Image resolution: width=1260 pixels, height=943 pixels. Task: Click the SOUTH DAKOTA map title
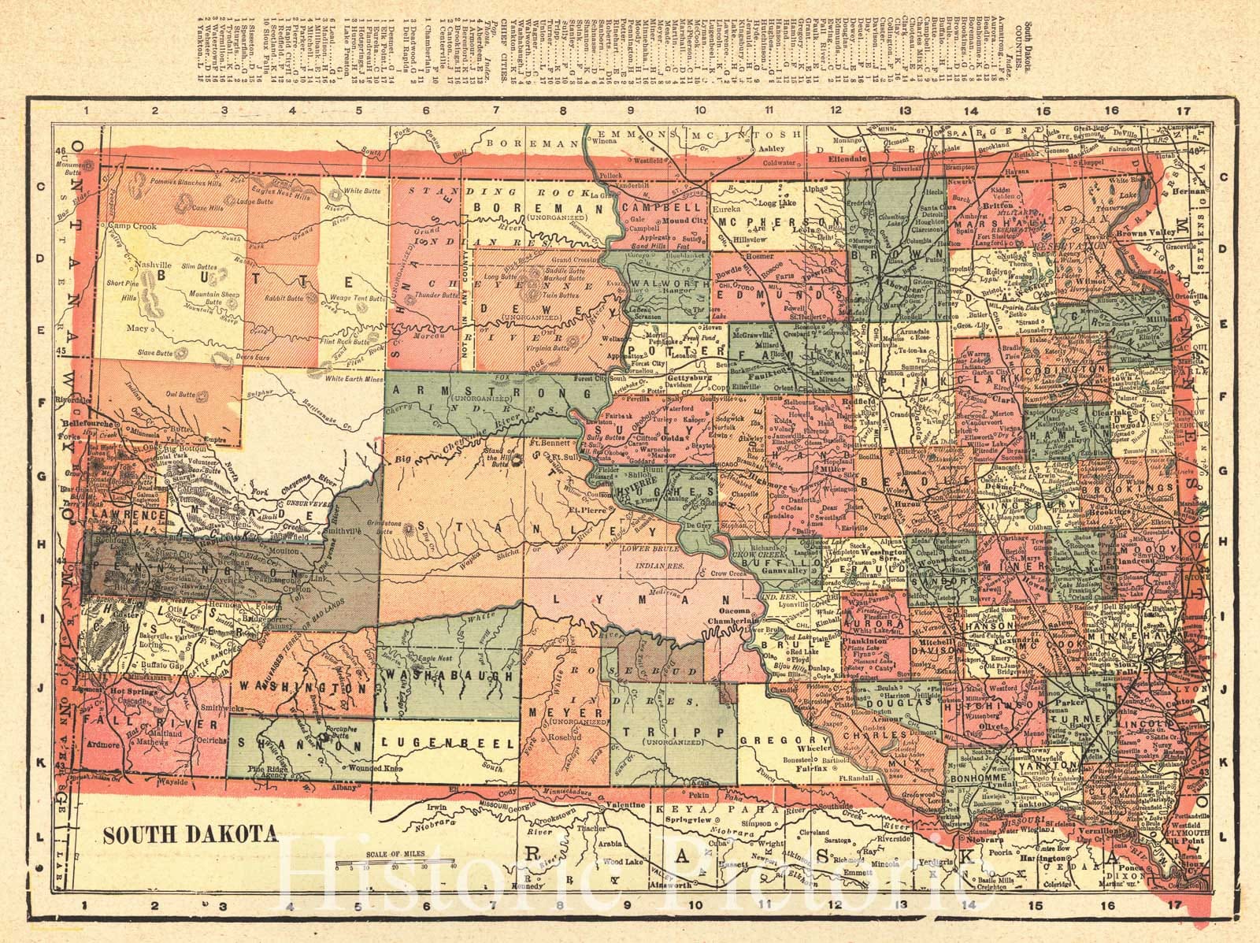[189, 833]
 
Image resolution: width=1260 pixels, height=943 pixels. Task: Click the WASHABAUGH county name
[447, 676]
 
